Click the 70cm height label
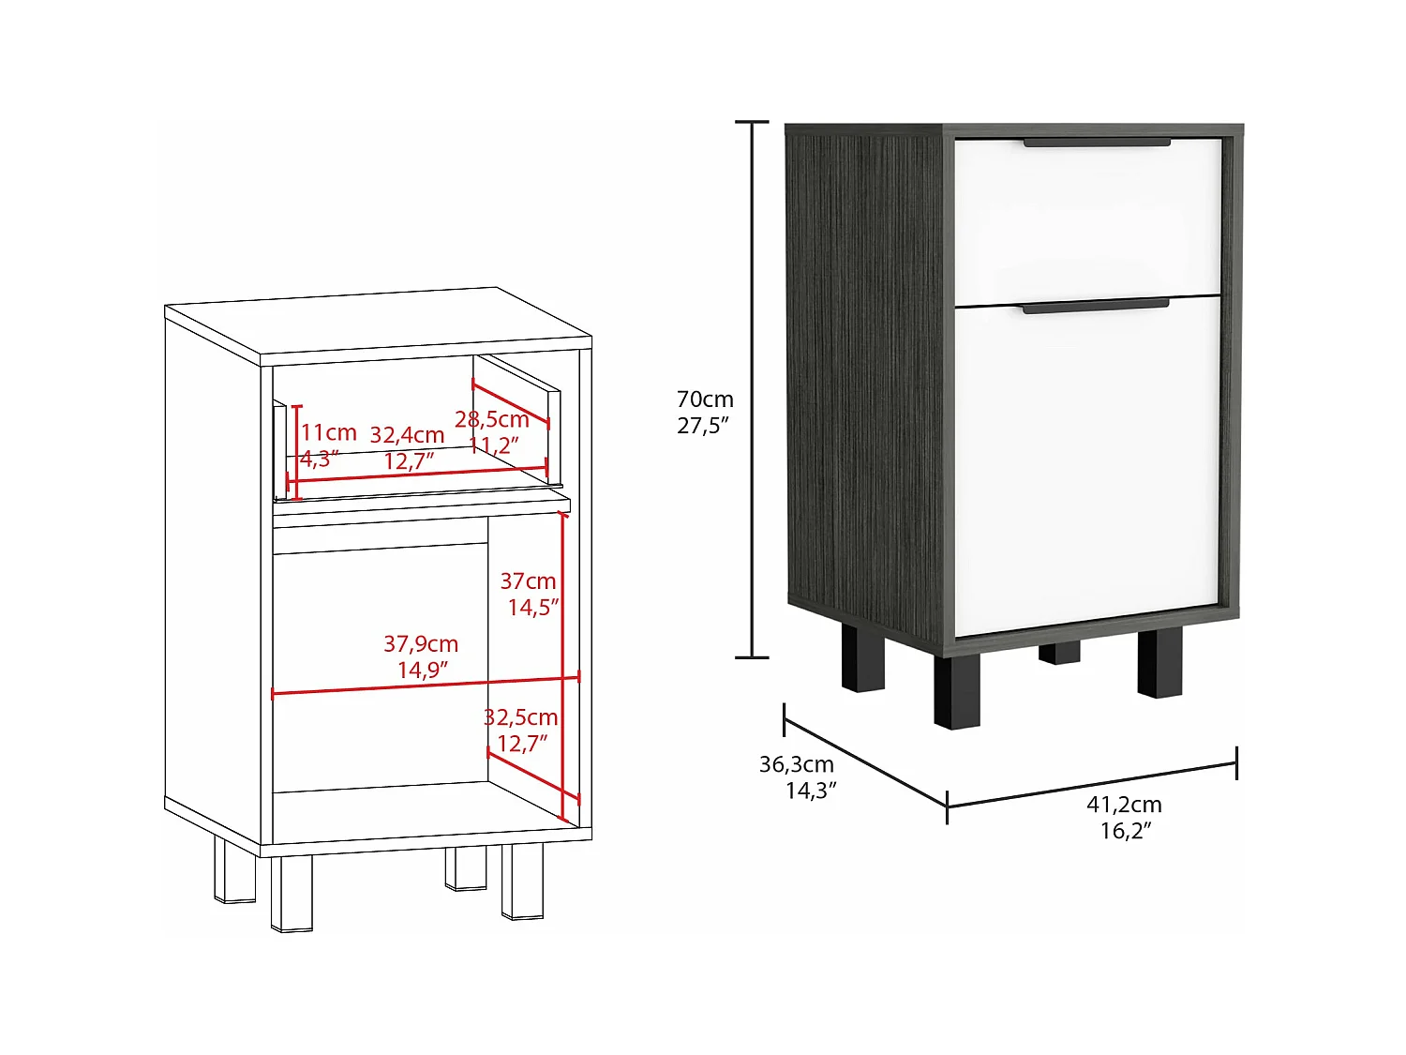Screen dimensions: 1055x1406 pyautogui.click(x=705, y=399)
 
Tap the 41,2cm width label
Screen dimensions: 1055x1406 pyautogui.click(x=1124, y=805)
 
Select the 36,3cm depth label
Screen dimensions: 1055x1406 pyautogui.click(x=796, y=764)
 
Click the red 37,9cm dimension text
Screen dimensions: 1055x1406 pyautogui.click(x=421, y=644)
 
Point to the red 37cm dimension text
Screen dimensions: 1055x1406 pyautogui.click(x=528, y=581)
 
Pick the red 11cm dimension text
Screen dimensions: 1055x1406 pyautogui.click(x=328, y=433)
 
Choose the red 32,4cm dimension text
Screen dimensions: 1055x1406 pyautogui.click(x=407, y=435)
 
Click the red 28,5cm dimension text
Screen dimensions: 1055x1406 pyautogui.click(x=492, y=419)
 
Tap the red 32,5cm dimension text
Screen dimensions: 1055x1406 pyautogui.click(x=520, y=717)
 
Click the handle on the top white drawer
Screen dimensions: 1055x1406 pyautogui.click(x=1097, y=143)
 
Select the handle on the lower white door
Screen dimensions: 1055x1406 pyautogui.click(x=1095, y=306)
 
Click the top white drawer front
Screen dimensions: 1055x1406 pyautogui.click(x=1087, y=220)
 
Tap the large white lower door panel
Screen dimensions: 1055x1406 pyautogui.click(x=1087, y=460)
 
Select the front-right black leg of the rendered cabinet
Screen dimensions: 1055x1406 pyautogui.click(x=1159, y=663)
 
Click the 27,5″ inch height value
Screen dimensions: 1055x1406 pyautogui.click(x=703, y=426)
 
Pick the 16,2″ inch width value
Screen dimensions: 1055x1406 pyautogui.click(x=1125, y=831)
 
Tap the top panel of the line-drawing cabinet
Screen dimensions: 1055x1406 pyautogui.click(x=375, y=324)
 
